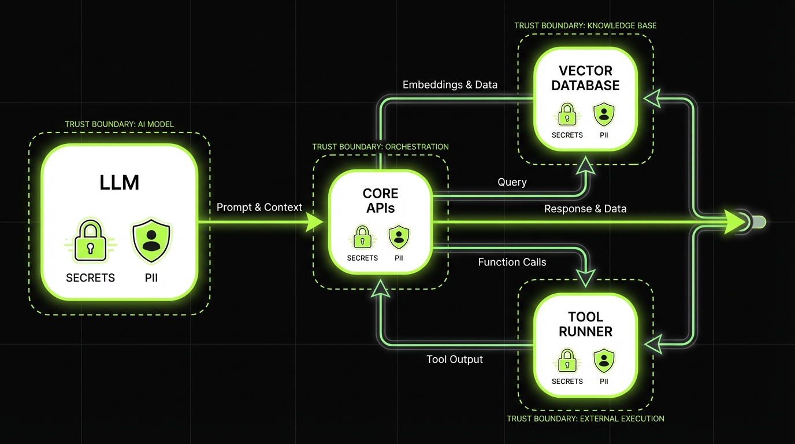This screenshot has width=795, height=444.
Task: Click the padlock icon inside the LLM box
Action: (x=90, y=241)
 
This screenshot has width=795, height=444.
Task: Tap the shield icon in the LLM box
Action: (x=151, y=241)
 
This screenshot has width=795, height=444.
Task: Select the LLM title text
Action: (x=119, y=183)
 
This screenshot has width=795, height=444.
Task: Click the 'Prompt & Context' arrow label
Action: (x=259, y=207)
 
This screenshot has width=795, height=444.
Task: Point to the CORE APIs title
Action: (x=380, y=201)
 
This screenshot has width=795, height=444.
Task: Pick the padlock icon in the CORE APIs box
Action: (x=362, y=237)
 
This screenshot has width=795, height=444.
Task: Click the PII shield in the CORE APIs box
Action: (x=399, y=237)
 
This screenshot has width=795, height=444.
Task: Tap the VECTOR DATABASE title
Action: (x=585, y=78)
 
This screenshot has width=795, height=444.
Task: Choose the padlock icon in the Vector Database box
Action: (x=567, y=114)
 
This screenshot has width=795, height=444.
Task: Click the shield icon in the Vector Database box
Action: (x=604, y=114)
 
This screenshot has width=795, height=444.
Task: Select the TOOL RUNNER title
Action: (x=585, y=324)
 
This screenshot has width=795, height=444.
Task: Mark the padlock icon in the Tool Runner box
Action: (x=567, y=361)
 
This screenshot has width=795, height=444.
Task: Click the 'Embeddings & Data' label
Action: (x=450, y=85)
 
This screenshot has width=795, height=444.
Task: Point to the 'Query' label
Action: (x=512, y=182)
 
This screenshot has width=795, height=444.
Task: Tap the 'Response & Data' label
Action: (x=585, y=209)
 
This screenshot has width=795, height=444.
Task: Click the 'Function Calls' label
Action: (x=512, y=262)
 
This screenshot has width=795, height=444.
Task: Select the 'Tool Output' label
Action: (x=455, y=359)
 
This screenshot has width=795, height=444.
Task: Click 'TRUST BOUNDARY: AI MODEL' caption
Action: (x=120, y=124)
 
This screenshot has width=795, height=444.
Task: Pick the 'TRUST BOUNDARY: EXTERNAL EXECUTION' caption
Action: (x=585, y=419)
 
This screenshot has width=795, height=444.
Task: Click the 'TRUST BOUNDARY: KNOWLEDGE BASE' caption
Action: (x=585, y=26)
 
